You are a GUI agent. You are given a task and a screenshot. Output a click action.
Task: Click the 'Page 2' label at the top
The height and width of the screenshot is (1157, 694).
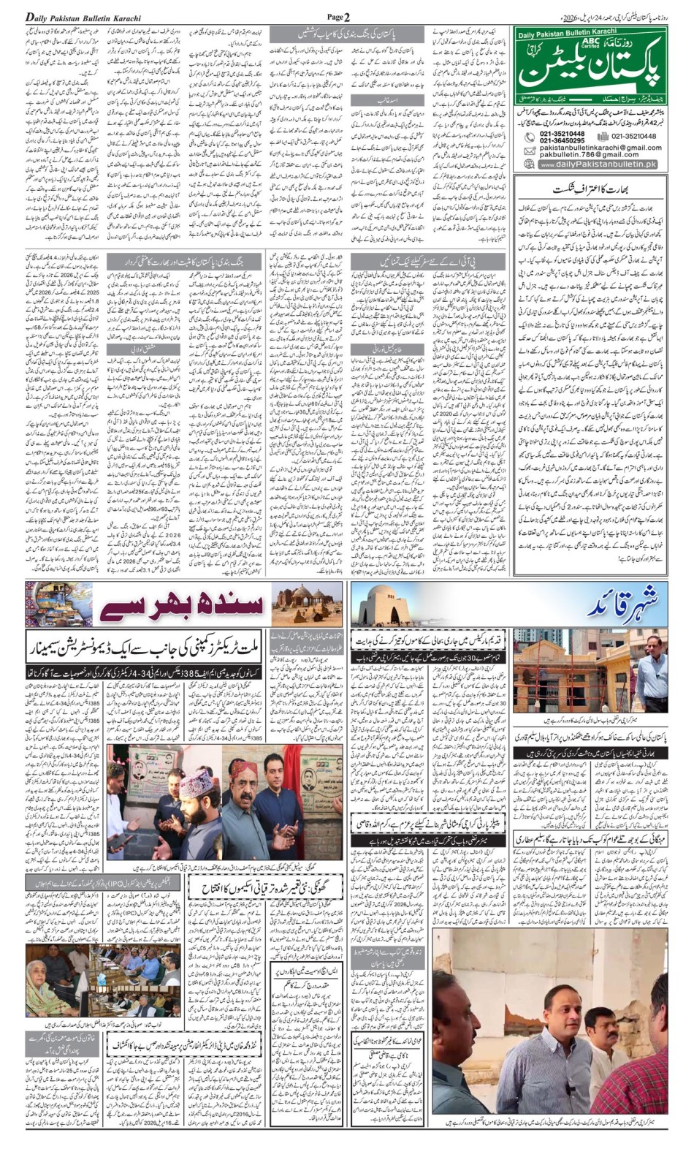(x=338, y=16)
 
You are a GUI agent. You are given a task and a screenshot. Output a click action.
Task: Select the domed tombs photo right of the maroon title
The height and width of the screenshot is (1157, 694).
(x=306, y=604)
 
